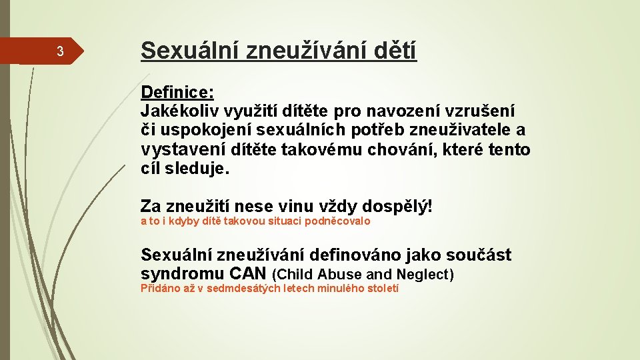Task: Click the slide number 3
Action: [59, 52]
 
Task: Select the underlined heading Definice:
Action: [177, 91]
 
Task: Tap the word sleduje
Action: [202, 169]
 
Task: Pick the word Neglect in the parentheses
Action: [423, 274]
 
